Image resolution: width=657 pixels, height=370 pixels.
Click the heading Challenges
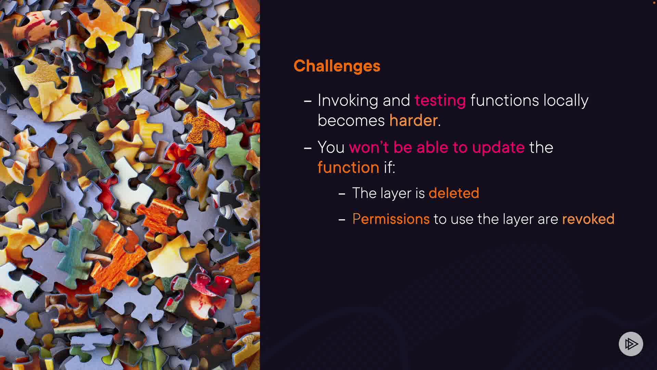(x=337, y=66)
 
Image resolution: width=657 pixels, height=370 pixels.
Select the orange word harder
(x=413, y=121)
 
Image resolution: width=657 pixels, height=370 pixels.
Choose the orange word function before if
(x=348, y=167)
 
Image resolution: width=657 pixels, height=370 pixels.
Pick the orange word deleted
(x=454, y=193)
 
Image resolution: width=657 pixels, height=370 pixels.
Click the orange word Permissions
(x=391, y=219)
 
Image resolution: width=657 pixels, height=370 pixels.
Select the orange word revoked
(x=588, y=219)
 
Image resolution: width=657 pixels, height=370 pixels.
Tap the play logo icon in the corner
(x=631, y=344)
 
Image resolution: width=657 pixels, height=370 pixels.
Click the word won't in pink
(x=369, y=147)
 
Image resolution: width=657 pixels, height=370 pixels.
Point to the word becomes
(x=351, y=121)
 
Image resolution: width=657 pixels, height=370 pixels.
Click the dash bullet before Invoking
(x=308, y=101)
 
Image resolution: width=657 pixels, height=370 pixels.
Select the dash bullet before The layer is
(x=342, y=194)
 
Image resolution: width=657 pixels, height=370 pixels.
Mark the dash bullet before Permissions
(x=342, y=220)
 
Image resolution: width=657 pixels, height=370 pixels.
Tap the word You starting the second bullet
(x=331, y=147)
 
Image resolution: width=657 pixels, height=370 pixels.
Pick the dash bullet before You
(x=308, y=148)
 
